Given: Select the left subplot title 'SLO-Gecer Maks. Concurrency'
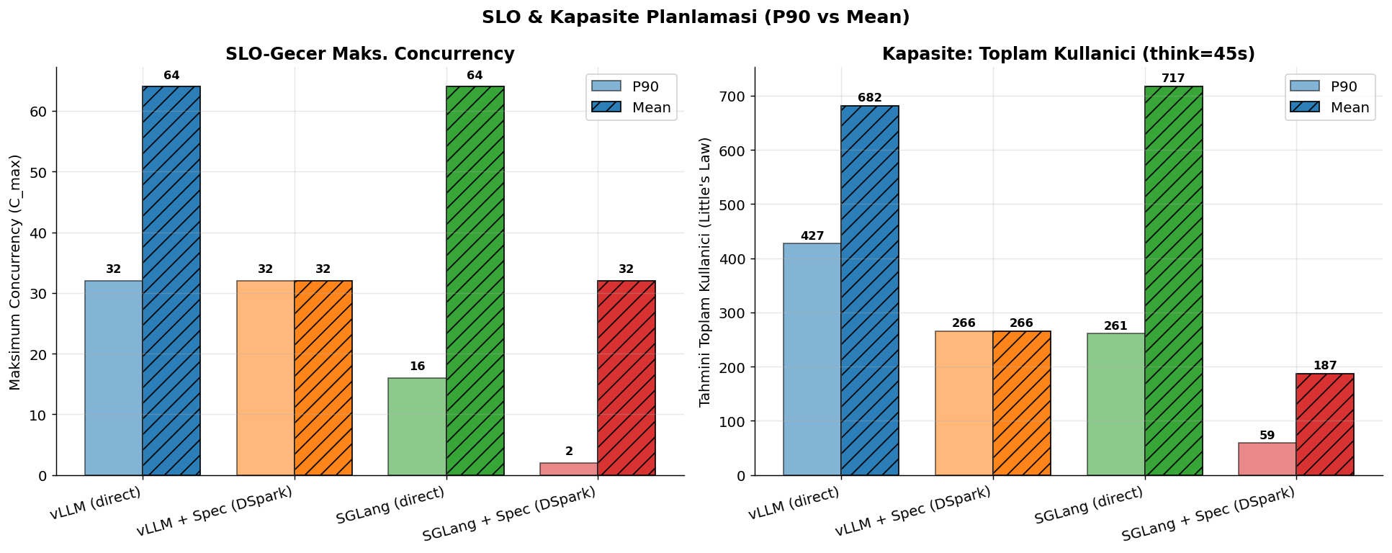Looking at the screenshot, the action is point(370,54).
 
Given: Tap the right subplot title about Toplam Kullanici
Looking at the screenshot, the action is point(1069,54).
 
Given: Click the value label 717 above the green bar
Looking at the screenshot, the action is point(1173,78).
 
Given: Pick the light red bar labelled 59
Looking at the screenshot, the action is point(1267,459).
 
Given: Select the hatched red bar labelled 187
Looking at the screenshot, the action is point(1325,425).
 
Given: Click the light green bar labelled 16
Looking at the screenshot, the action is point(417,427).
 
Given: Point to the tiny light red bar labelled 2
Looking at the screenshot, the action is point(569,469).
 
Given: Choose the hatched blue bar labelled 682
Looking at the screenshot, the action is point(870,291).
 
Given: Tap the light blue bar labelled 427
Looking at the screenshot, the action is point(812,359).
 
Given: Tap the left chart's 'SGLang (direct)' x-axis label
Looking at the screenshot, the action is point(390,505).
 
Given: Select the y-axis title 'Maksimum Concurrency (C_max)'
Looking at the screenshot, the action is point(16,272).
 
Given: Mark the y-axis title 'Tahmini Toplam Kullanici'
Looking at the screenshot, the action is point(706,271).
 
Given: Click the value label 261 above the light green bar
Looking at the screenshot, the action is point(1115,326).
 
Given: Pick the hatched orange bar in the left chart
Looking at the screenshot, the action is point(323,378).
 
